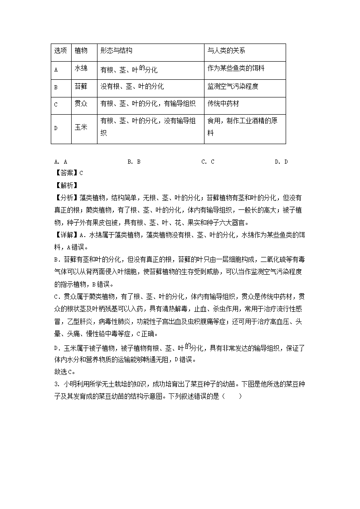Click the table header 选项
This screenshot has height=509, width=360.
[x=60, y=51]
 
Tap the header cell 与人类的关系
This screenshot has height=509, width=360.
[x=226, y=51]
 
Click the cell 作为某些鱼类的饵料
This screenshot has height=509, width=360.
[x=236, y=68]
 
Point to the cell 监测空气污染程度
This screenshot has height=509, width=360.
[x=233, y=86]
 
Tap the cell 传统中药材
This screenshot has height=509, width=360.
[x=223, y=104]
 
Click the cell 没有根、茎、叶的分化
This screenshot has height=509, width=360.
[x=132, y=86]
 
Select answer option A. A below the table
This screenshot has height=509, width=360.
[x=60, y=162]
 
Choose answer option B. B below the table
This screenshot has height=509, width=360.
[x=134, y=162]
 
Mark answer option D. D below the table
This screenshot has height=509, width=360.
[x=281, y=162]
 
